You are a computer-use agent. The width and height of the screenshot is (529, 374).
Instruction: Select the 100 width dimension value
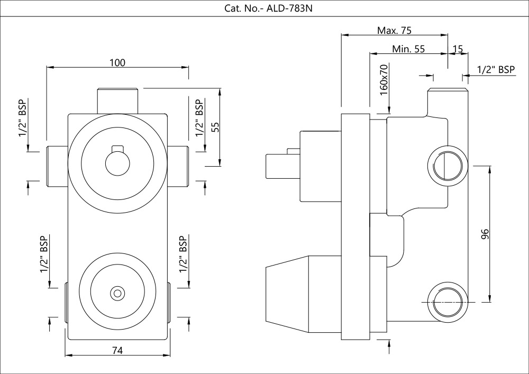click(x=117, y=62)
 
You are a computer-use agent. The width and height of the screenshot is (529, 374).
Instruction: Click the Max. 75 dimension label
click(x=395, y=30)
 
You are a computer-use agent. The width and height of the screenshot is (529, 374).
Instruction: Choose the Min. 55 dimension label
click(x=408, y=49)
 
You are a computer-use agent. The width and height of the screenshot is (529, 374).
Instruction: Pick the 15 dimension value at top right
click(x=458, y=49)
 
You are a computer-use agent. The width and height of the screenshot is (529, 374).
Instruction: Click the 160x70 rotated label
click(x=385, y=80)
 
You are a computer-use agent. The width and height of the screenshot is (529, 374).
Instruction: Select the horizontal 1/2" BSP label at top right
click(x=496, y=69)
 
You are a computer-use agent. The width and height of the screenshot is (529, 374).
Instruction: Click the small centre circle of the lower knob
click(x=117, y=292)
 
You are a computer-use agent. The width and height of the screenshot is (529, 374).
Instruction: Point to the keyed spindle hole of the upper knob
click(x=117, y=161)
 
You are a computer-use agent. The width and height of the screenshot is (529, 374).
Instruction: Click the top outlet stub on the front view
click(x=117, y=99)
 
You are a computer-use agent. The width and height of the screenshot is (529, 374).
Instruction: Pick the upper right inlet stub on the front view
click(x=179, y=166)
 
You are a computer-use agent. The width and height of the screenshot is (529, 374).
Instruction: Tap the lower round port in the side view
click(x=447, y=302)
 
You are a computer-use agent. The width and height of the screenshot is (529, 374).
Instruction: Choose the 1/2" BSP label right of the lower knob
click(x=184, y=254)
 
